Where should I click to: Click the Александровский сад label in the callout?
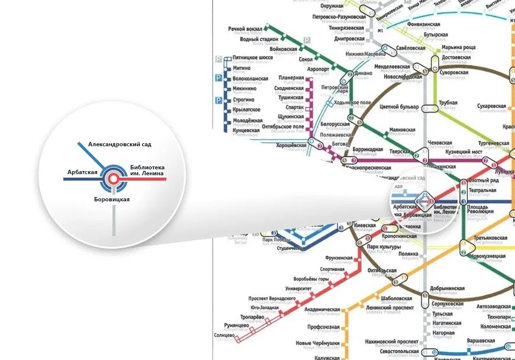[120, 144]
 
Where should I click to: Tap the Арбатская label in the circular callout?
[82, 172]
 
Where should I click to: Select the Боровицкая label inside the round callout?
[112, 199]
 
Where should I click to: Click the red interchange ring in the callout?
[112, 178]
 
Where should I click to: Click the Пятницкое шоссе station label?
[252, 58]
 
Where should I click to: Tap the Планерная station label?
[291, 78]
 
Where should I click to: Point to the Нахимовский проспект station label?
[391, 342]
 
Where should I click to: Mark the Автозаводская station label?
[493, 307]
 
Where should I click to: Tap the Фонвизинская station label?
[424, 24]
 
